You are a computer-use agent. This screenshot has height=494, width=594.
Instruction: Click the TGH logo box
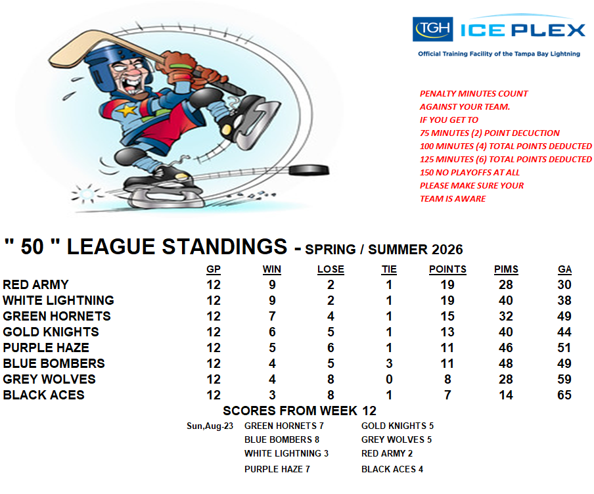point(432,29)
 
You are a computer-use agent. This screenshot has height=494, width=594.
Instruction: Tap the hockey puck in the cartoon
point(309,169)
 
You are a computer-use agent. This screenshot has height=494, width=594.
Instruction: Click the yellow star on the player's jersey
point(127,110)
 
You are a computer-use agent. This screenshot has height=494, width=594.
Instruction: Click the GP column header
point(214,269)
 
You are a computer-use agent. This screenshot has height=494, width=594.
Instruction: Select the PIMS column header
point(506,269)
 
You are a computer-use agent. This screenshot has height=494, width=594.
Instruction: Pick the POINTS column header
point(447,269)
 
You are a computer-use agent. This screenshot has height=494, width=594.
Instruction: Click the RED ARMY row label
point(35,284)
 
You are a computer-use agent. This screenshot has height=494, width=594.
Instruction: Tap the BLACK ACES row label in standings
point(43,395)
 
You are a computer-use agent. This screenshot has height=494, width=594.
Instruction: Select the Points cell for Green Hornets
point(447,317)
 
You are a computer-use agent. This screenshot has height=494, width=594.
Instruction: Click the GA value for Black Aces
point(564,395)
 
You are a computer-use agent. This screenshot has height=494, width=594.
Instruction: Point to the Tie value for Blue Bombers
point(389,363)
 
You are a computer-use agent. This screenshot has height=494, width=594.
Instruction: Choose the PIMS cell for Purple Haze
point(506,348)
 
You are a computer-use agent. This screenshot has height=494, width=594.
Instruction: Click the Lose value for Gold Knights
point(331,332)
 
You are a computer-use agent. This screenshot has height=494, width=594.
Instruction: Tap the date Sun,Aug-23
point(210,426)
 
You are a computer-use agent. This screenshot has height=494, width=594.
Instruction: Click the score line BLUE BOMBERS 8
point(282,439)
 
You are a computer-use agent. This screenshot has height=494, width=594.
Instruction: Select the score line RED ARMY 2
point(387,453)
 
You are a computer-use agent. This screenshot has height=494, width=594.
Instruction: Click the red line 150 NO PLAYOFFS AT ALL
point(470,172)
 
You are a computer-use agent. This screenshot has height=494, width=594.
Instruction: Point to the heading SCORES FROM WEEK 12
point(300,411)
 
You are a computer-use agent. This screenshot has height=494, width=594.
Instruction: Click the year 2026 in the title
point(447,250)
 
